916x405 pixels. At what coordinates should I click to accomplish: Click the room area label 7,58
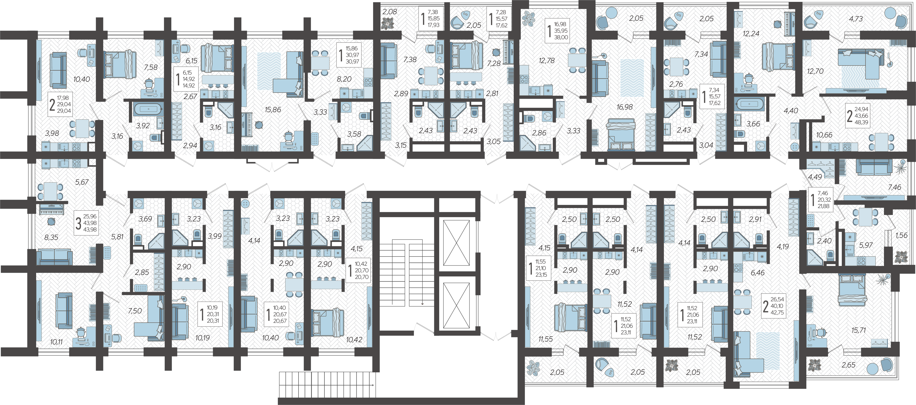151,67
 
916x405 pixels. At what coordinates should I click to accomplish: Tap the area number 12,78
547,61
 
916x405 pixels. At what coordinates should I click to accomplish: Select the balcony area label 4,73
856,19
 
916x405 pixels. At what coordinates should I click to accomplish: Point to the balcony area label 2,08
390,12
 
